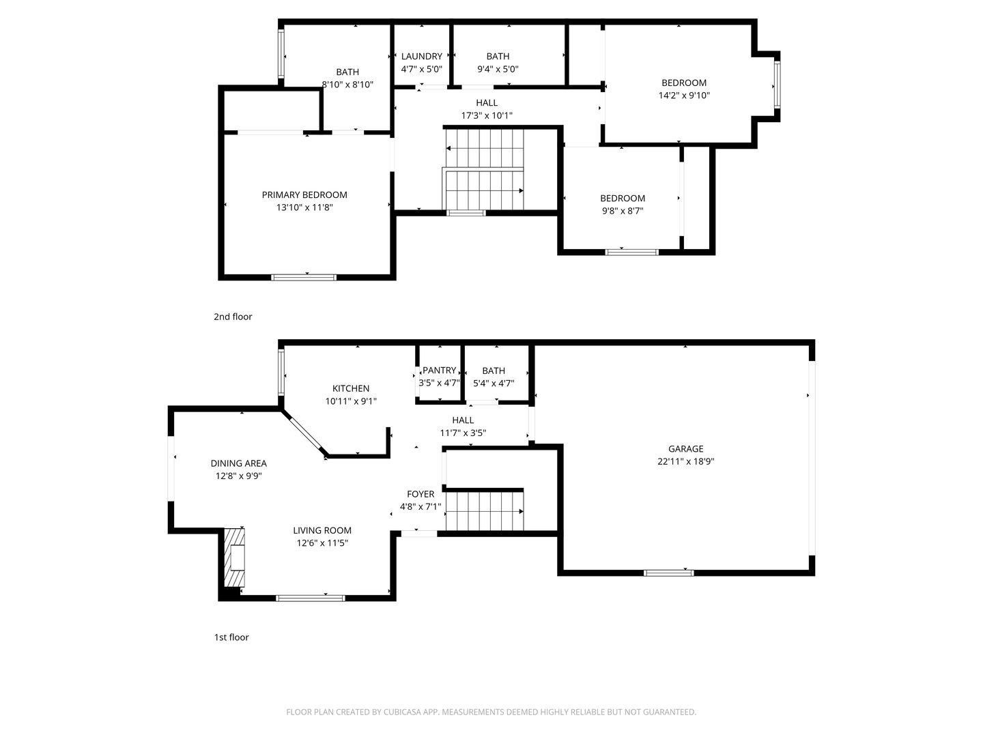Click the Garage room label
(685, 449)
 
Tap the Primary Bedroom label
(304, 195)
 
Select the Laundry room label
(421, 57)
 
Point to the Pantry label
(439, 371)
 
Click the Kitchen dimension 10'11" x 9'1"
(351, 401)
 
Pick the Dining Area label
(239, 463)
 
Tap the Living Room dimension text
(322, 543)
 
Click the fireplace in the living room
(235, 558)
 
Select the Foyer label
(421, 494)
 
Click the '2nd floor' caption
(233, 317)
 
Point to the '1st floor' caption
(231, 637)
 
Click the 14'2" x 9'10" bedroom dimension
(684, 96)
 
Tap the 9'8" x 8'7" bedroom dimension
(623, 211)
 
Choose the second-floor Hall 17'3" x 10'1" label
(487, 109)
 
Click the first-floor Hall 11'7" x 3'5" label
(463, 427)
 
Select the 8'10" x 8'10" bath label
(347, 78)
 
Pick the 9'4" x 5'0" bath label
(498, 63)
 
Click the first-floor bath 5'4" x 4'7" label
(494, 377)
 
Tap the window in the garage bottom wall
(668, 573)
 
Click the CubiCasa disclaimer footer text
(491, 712)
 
